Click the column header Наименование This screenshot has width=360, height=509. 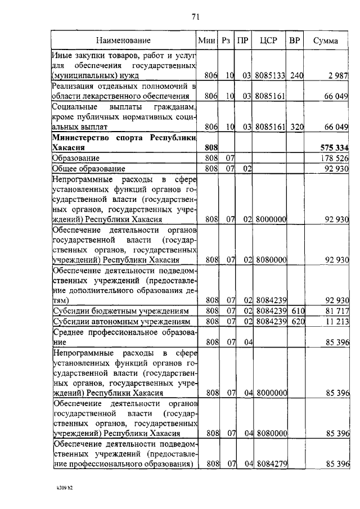pos(123,40)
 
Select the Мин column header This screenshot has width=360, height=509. pos(208,40)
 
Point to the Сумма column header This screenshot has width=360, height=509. pos(325,40)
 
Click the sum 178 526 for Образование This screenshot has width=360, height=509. pos(335,158)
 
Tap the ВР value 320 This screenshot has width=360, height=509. pos(296,127)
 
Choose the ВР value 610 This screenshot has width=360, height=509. pos(296,310)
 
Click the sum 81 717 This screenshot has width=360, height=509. pos(336,310)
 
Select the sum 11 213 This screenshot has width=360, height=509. pos(336,321)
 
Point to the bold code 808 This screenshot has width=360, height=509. pos(208,147)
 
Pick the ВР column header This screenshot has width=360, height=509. pos(294,40)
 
